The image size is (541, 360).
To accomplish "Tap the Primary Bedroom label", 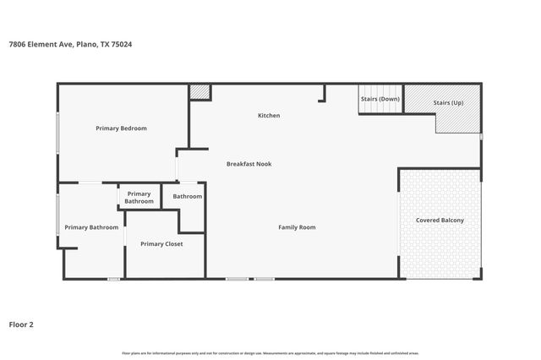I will [121, 128].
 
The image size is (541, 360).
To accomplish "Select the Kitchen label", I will [269, 116].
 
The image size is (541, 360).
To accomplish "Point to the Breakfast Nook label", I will [249, 164].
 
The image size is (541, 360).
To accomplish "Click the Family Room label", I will [297, 227].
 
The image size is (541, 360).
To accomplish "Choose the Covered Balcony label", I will [440, 221].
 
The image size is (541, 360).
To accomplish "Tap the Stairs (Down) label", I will [380, 99].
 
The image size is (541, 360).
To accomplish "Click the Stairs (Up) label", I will [448, 102].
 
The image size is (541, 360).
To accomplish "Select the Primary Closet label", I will [161, 244].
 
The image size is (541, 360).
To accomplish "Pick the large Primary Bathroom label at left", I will [91, 227].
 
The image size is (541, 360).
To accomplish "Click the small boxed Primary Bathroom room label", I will [139, 198].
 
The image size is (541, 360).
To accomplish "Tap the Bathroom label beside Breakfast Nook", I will [188, 197].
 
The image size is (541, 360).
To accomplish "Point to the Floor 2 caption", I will [21, 324].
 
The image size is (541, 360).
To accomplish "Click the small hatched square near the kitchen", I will [199, 91].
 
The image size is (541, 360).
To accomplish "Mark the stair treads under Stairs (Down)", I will [381, 109].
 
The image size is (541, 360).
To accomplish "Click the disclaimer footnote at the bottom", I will [270, 352].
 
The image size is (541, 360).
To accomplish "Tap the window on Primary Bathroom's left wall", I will [57, 215].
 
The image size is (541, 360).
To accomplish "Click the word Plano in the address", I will [88, 44].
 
